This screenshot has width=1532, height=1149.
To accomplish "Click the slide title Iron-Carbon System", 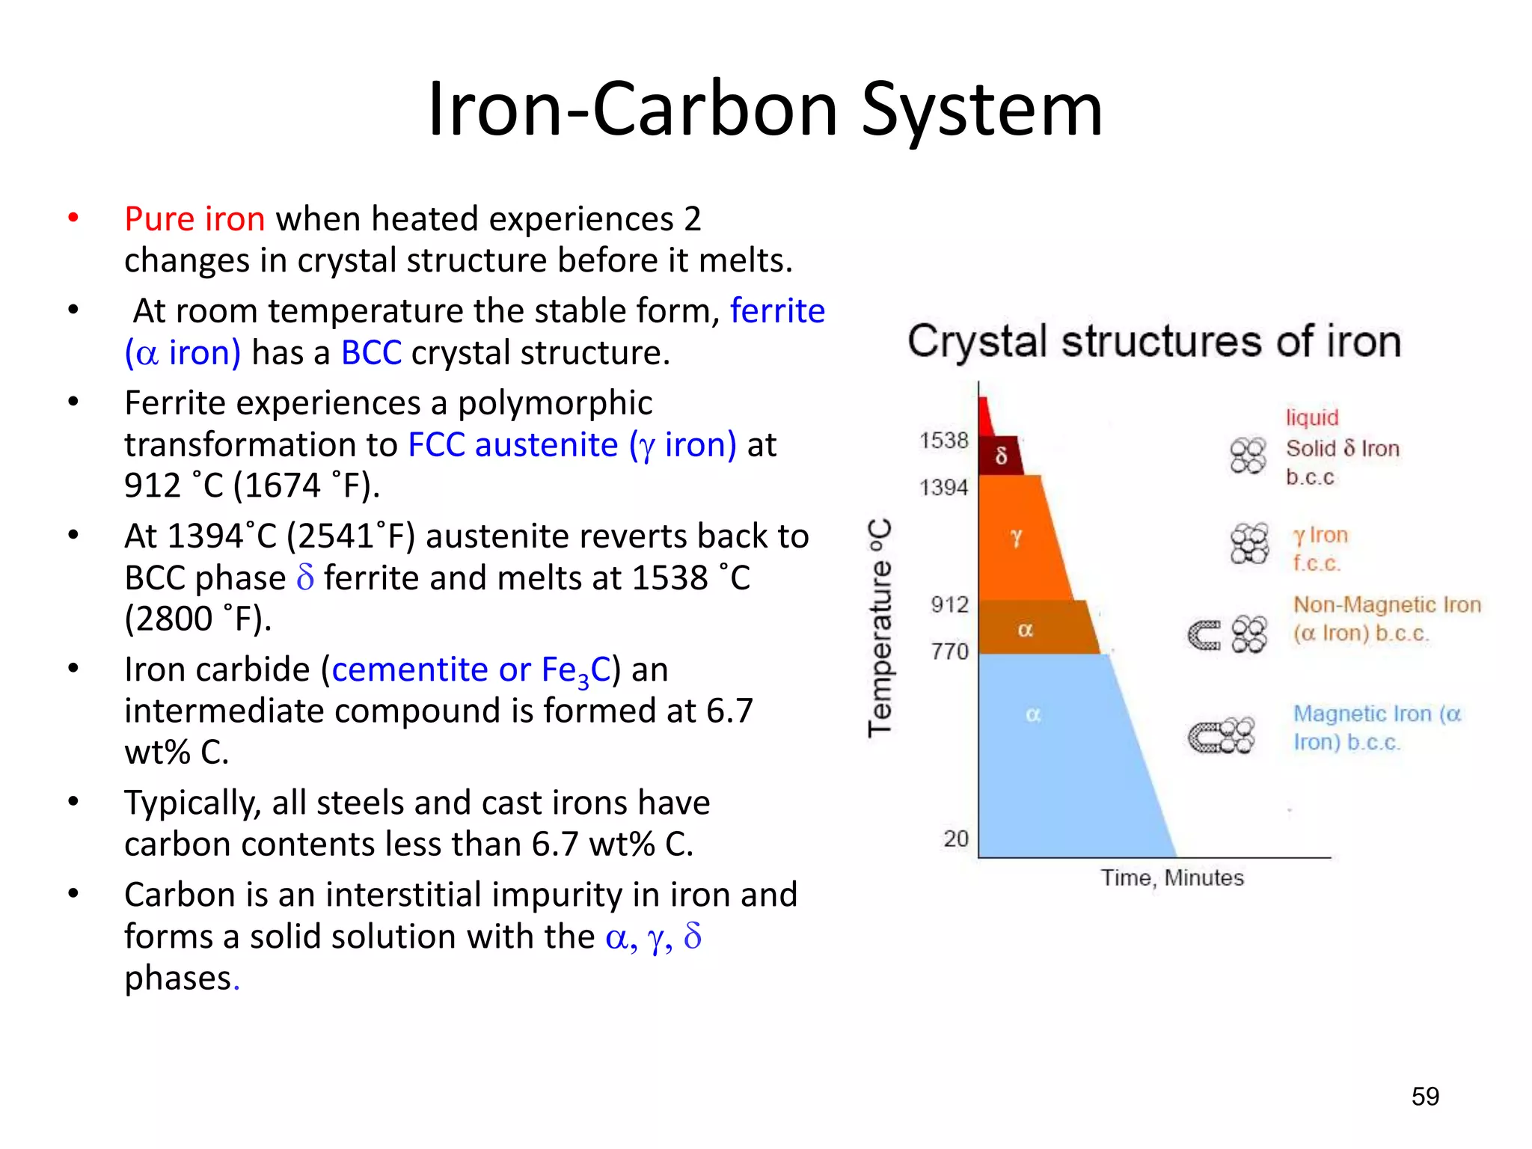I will [765, 110].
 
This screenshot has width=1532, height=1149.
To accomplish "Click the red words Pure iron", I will [194, 219].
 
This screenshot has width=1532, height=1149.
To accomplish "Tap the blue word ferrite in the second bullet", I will [777, 310].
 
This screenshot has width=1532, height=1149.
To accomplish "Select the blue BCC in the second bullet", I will [371, 353].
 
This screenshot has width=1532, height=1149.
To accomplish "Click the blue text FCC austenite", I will [513, 445].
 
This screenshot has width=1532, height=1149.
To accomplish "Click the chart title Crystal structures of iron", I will [1153, 342].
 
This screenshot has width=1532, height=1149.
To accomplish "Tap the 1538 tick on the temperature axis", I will [943, 441].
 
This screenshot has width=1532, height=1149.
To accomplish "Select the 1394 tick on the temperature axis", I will [943, 488].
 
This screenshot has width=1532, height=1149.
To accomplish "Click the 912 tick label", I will [949, 604].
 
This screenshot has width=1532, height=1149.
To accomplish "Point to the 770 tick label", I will [949, 652].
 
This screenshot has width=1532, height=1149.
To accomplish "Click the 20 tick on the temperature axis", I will [955, 839].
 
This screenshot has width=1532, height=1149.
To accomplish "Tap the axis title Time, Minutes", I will [1171, 877].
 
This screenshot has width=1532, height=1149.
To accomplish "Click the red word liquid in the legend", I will [1312, 417].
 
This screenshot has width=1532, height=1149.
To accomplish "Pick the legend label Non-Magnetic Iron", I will [1387, 604].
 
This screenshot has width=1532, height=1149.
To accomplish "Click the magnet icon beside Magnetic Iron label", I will [1204, 737].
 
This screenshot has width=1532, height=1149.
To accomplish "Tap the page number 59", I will [1424, 1097].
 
